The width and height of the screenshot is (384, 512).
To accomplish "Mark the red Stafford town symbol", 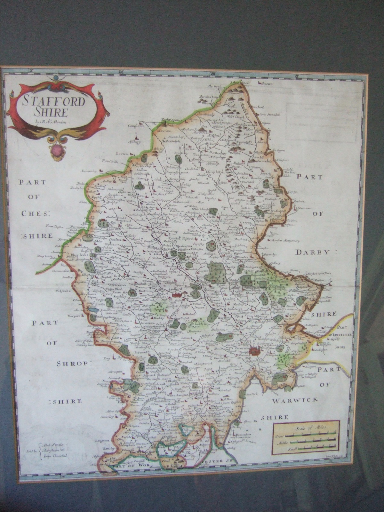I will [177, 295].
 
